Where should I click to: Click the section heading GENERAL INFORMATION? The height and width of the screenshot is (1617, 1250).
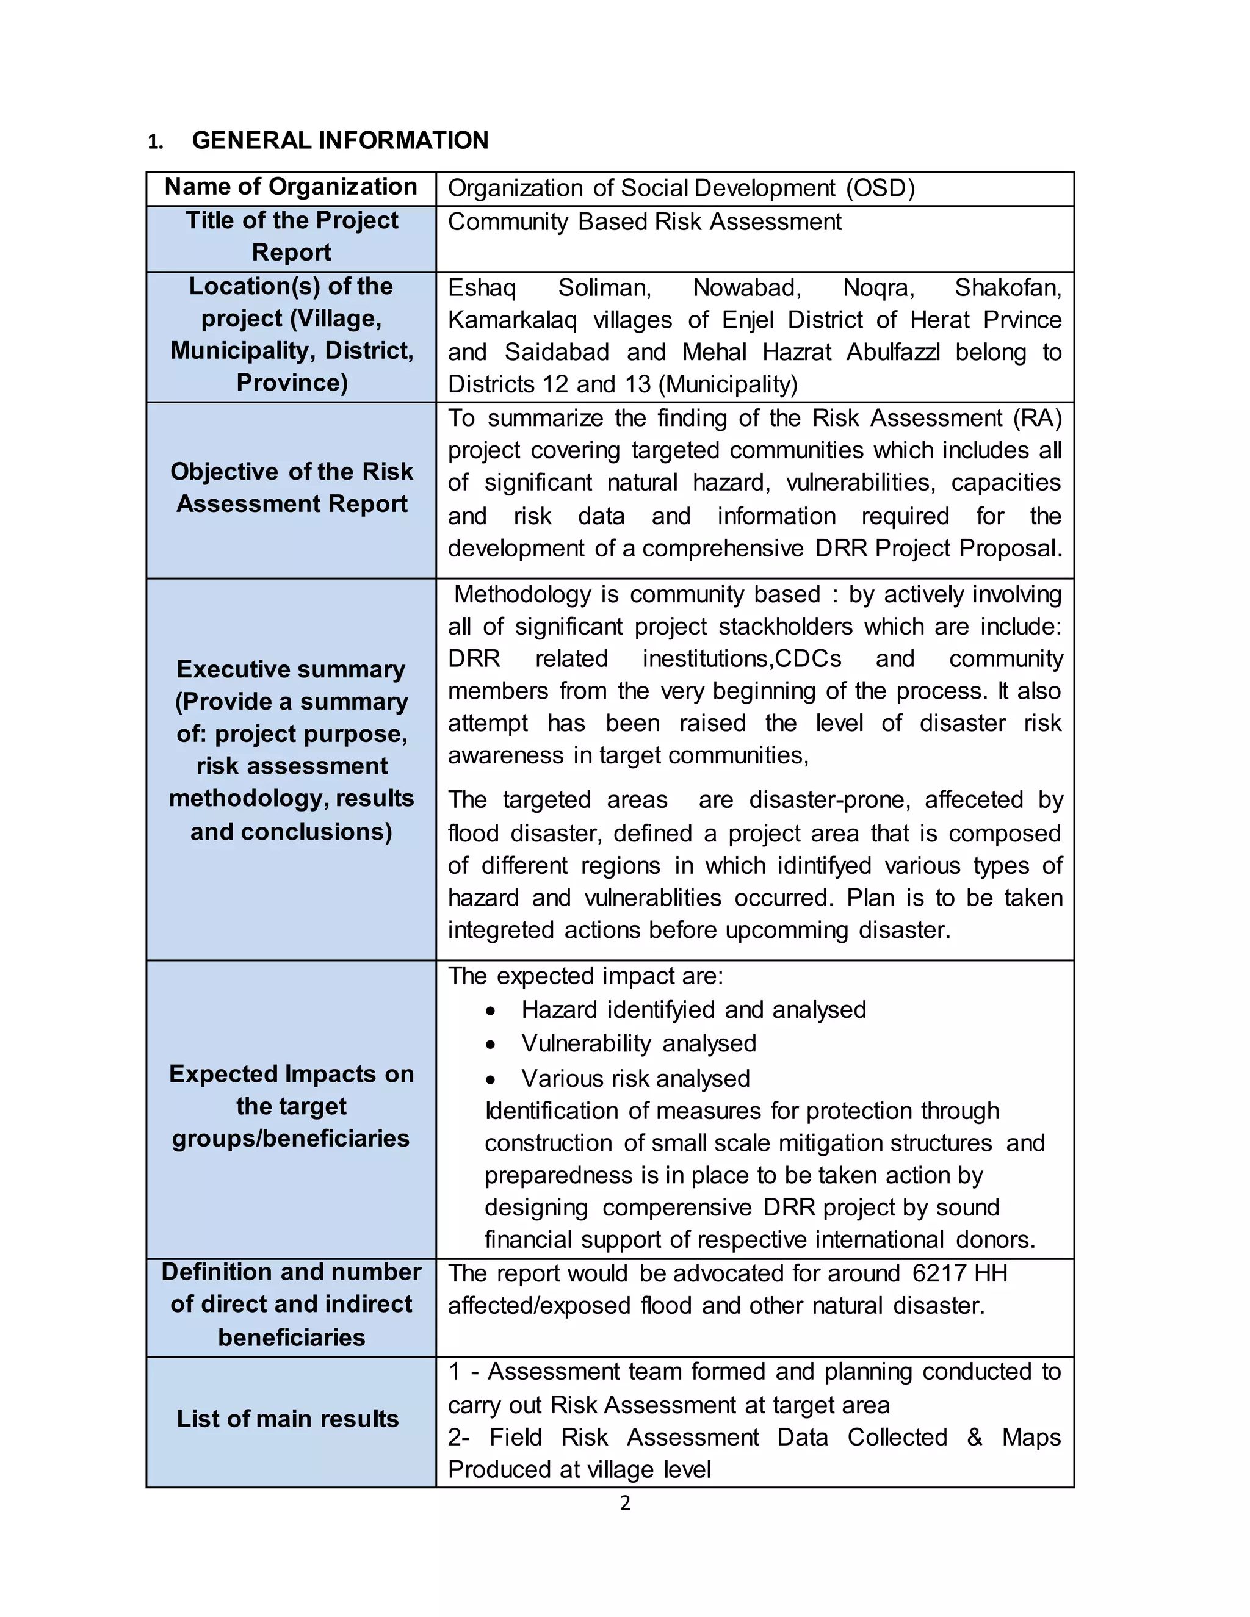point(340,141)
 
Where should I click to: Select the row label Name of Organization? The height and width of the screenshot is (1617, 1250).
point(291,187)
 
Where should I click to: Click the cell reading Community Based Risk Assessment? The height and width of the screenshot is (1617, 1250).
point(645,222)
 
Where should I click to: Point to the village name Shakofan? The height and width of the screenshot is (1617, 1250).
point(1008,287)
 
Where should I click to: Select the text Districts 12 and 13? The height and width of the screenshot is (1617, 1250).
point(549,384)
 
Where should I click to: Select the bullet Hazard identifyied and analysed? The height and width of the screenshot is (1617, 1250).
point(693,1010)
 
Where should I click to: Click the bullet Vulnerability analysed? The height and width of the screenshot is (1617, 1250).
point(638,1044)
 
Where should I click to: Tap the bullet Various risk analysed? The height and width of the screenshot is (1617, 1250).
point(635,1079)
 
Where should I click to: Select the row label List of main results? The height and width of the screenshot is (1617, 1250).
point(287,1419)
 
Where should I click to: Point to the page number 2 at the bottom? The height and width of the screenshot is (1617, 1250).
point(625,1503)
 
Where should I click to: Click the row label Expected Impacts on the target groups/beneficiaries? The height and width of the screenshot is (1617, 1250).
point(291,1106)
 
